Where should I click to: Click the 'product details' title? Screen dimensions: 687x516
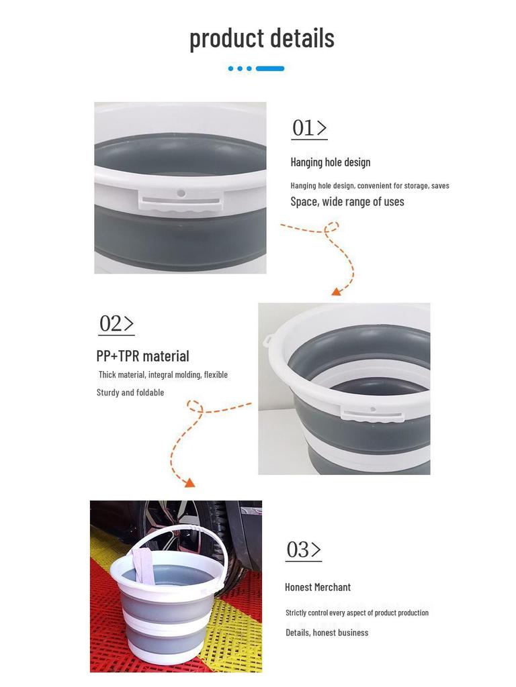(x=261, y=38)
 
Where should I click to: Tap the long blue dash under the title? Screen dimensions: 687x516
(x=270, y=68)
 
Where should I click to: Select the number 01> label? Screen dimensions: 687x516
(x=309, y=127)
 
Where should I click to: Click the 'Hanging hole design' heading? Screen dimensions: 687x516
(x=330, y=162)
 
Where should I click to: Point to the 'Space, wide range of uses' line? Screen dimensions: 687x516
(x=347, y=201)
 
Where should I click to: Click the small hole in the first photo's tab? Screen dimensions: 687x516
(x=181, y=193)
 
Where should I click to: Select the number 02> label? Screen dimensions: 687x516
(x=116, y=323)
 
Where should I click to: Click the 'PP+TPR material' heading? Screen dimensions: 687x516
(x=142, y=356)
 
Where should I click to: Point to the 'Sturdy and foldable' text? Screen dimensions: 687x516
(x=130, y=392)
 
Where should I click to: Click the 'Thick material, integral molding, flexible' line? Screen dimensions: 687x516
(x=163, y=374)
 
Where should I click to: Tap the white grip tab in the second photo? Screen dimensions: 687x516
(x=372, y=414)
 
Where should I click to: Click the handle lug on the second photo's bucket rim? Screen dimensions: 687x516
(x=267, y=341)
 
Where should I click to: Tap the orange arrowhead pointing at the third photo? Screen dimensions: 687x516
(x=189, y=482)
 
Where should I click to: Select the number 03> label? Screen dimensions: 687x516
(x=303, y=549)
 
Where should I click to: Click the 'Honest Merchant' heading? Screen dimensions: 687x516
(x=317, y=587)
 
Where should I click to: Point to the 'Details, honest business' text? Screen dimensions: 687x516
(x=327, y=633)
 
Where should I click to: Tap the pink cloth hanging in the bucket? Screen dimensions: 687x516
(x=144, y=564)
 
